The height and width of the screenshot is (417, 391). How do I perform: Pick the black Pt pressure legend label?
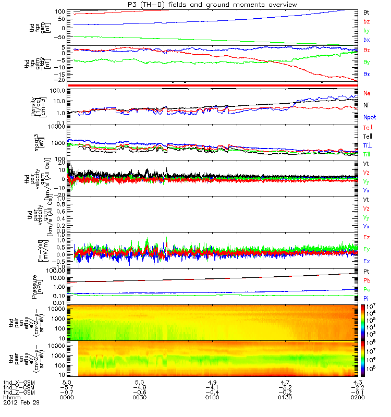tap(366, 272)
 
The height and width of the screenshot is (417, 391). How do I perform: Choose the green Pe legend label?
tap(366, 289)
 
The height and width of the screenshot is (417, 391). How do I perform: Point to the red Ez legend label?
tap(366, 237)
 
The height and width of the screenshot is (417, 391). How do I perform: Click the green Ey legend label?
tap(366, 249)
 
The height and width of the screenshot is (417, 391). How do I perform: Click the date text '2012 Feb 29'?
tap(21, 403)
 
